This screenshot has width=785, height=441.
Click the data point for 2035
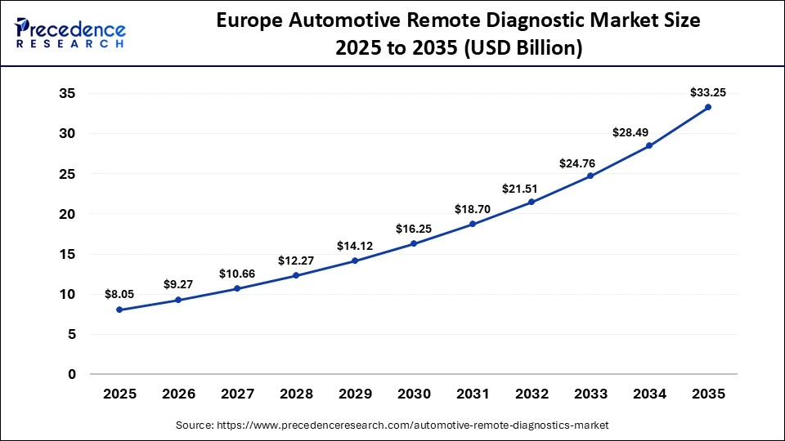point(708,107)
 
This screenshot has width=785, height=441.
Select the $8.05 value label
point(119,294)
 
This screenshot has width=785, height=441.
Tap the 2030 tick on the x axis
point(414,394)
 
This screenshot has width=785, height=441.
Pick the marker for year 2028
point(296,275)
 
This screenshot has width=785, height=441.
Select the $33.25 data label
point(707,91)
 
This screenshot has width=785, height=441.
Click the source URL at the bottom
point(392,425)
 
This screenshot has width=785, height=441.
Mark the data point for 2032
point(532,202)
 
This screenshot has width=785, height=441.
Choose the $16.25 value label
point(414,228)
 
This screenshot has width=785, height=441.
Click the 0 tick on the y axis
point(72,375)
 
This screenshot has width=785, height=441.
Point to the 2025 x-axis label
point(119,394)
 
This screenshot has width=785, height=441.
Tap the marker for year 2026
point(178,300)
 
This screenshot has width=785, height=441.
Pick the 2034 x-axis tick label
point(649,394)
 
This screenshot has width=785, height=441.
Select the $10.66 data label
point(237,274)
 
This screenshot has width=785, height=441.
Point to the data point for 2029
point(355,261)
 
